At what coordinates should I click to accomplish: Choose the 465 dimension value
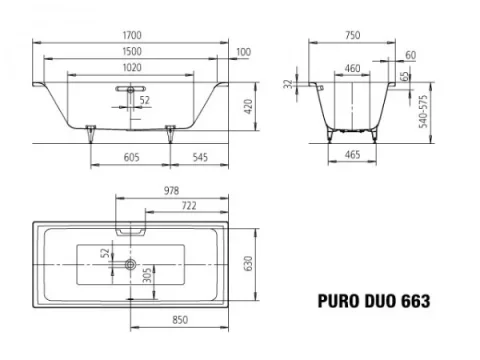point(352,157)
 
